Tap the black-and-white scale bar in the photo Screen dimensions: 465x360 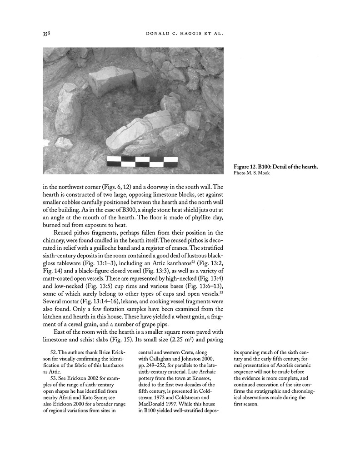(x=142, y=161)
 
